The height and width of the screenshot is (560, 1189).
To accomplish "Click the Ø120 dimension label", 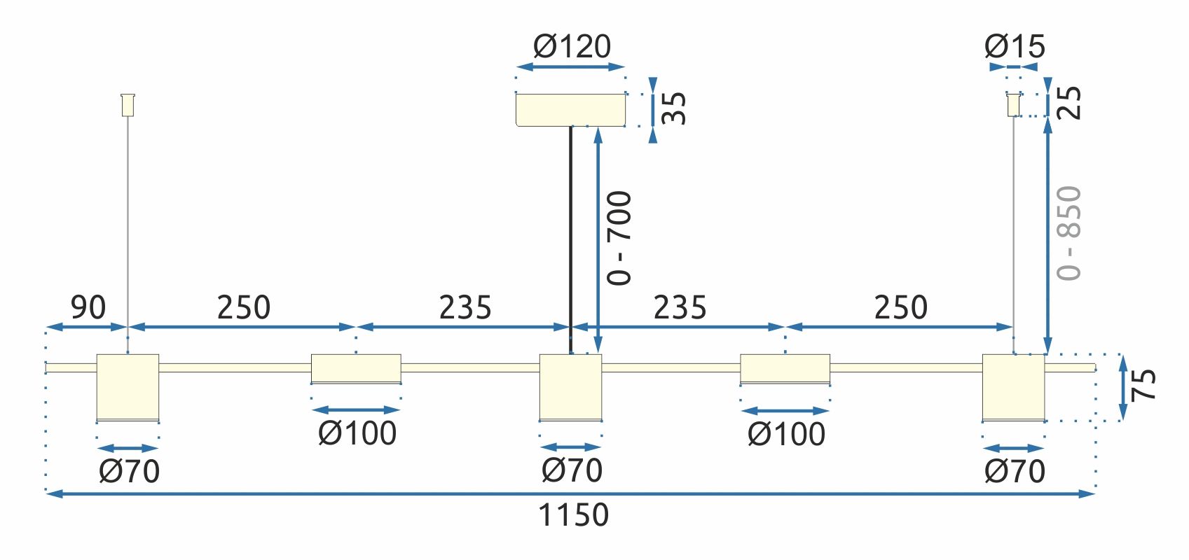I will (x=572, y=46).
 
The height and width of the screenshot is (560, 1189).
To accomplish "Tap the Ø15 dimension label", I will (x=1014, y=47).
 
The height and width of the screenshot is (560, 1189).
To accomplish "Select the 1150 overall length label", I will (x=573, y=515).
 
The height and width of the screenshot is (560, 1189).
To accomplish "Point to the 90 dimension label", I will (x=88, y=307).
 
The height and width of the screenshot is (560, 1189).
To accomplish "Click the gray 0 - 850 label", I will (x=1069, y=233).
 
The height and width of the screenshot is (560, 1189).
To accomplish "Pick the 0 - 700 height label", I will (x=619, y=238).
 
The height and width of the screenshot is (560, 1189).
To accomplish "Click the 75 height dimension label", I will (x=1143, y=384).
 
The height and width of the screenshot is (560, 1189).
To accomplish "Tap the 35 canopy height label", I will (x=674, y=108).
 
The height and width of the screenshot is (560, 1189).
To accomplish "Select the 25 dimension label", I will (x=1069, y=103).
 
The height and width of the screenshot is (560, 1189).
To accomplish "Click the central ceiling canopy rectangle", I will (x=570, y=110).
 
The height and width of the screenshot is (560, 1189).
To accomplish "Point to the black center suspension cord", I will (x=570, y=238).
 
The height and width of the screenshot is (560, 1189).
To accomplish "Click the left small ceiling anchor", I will (x=128, y=105).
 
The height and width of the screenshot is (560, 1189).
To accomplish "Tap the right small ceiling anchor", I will (x=1013, y=105).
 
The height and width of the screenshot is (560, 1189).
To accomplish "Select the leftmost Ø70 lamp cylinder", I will (x=128, y=387).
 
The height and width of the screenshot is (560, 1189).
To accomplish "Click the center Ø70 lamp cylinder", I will (x=570, y=387).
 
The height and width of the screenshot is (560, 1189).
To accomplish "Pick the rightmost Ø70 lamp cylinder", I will (x=1013, y=387).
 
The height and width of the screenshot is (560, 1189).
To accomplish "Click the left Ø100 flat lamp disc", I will (x=356, y=368).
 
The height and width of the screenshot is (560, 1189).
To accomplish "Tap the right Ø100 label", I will (x=786, y=434).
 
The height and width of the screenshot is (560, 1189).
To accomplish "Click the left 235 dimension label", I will (x=465, y=307).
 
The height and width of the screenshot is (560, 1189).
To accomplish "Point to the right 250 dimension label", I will (x=900, y=307).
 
